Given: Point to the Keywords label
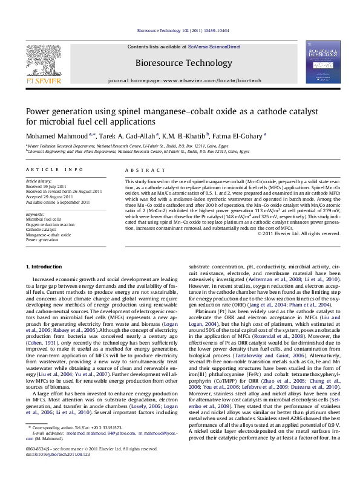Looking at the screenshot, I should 35,215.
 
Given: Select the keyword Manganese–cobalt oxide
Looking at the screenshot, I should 48,235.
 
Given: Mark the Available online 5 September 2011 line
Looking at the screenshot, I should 57,202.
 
